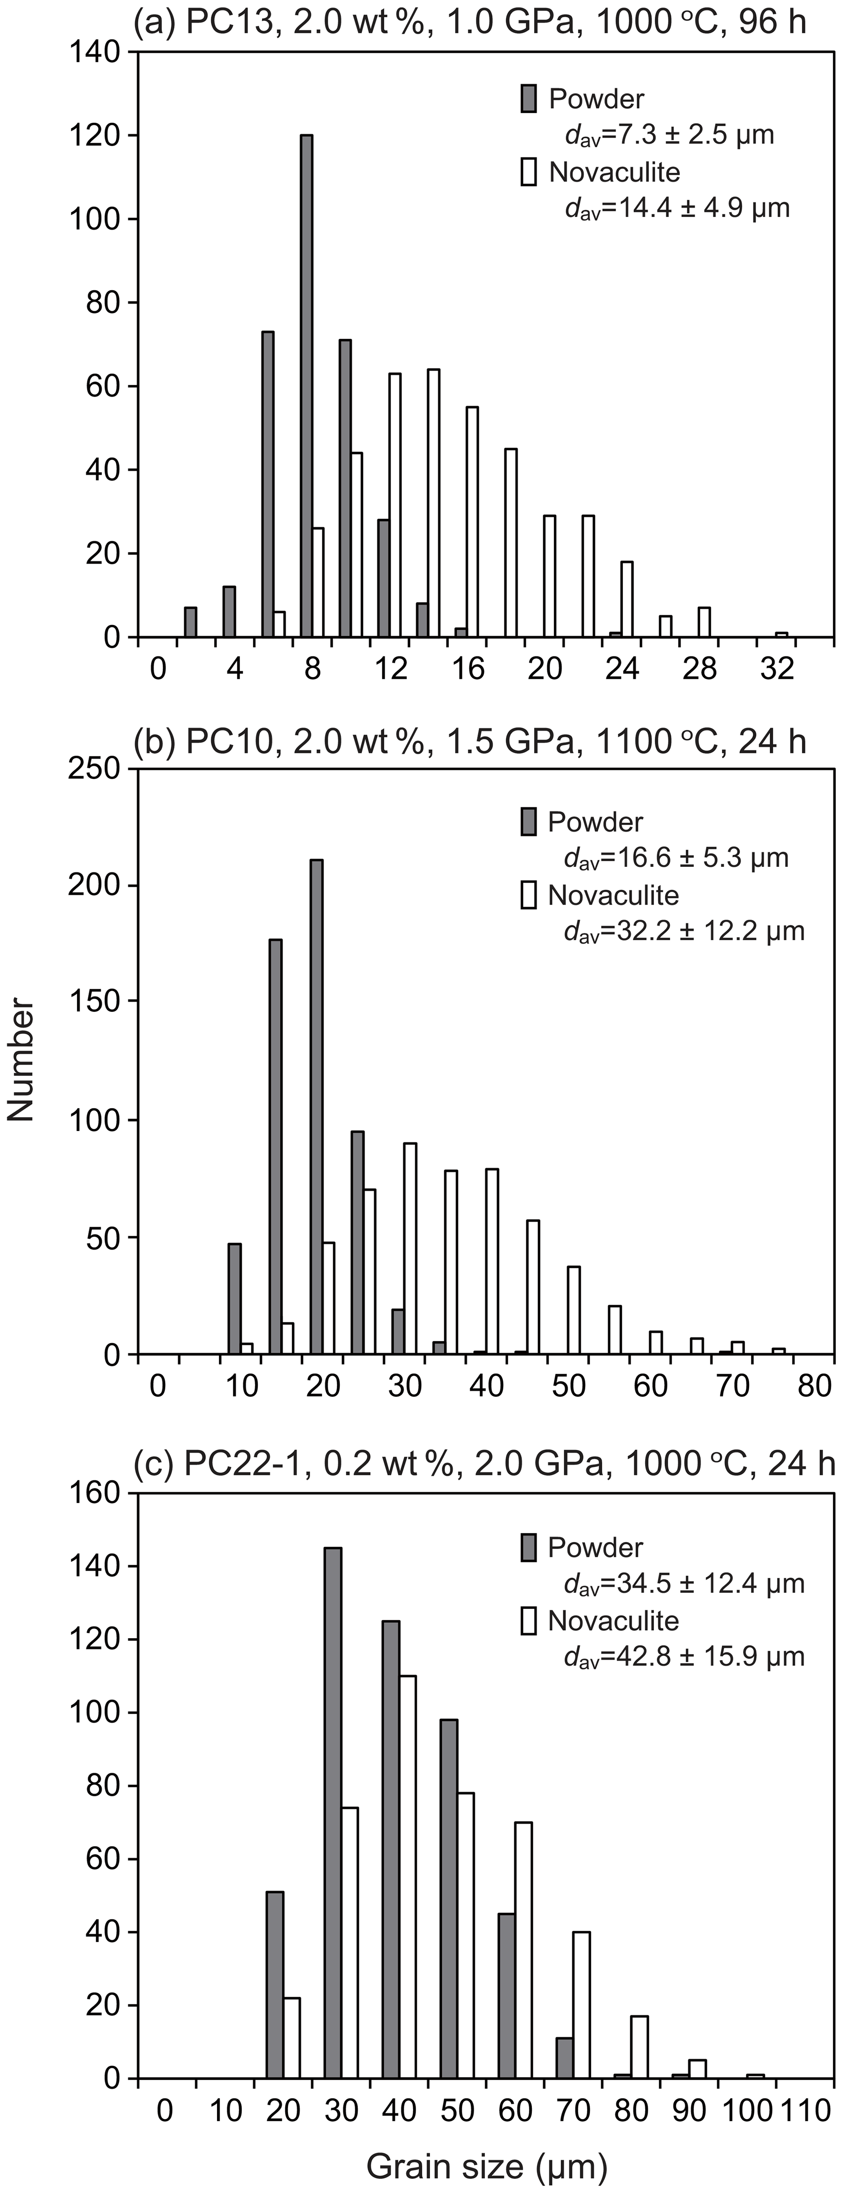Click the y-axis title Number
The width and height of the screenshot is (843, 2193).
click(x=20, y=1060)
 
